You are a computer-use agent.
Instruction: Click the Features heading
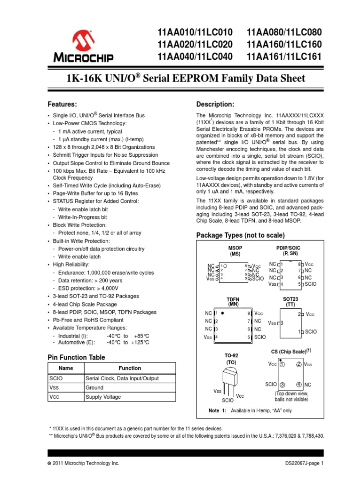click(63, 104)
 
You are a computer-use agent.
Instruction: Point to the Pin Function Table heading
click(77, 357)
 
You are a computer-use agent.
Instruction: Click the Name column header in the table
click(66, 368)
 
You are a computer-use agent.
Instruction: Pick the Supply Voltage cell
click(103, 397)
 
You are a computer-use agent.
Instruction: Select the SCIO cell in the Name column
click(56, 378)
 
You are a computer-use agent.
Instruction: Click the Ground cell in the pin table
click(94, 387)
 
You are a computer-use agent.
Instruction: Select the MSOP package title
click(235, 249)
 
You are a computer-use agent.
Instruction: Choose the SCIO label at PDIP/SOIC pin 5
click(311, 284)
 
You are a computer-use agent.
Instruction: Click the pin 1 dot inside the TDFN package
click(222, 312)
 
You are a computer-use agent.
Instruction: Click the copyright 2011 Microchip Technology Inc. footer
click(84, 463)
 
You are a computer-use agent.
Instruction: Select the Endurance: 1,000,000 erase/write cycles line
click(106, 273)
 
